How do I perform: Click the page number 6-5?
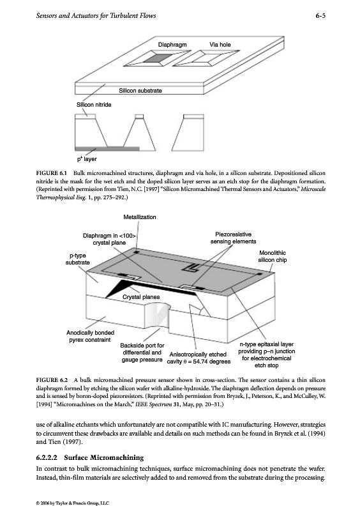[320, 15]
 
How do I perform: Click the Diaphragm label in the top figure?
[172, 45]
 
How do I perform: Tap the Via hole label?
[220, 45]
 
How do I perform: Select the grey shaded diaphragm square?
[157, 59]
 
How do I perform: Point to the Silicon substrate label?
[140, 91]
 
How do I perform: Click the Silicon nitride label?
[94, 105]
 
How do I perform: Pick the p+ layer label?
[87, 159]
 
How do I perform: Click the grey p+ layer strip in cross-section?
[107, 149]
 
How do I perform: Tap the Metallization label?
[140, 217]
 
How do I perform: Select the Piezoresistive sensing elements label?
[233, 238]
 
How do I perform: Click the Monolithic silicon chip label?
[273, 257]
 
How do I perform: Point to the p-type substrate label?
[77, 259]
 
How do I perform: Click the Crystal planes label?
[141, 297]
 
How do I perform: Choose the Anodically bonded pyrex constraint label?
[90, 336]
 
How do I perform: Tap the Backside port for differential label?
[142, 349]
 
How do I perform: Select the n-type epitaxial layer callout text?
[267, 355]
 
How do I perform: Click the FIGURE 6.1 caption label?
[52, 173]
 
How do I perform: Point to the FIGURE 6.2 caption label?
[52, 380]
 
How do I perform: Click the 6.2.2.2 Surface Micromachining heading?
[90, 457]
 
